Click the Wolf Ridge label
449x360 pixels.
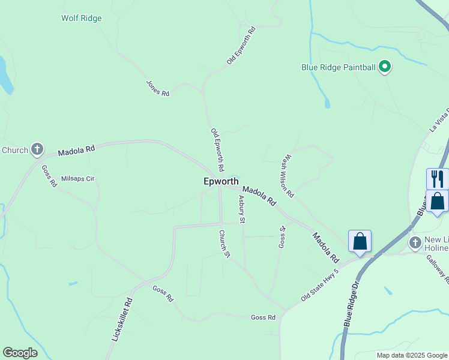pyautogui.click(x=82, y=18)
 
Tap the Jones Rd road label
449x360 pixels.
pyautogui.click(x=158, y=88)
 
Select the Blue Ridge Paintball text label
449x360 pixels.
pyautogui.click(x=338, y=67)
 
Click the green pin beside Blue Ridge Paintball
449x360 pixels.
pyautogui.click(x=385, y=67)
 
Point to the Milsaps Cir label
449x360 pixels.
pyautogui.click(x=78, y=178)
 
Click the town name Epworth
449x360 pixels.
pyautogui.click(x=221, y=181)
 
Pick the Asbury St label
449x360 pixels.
pyautogui.click(x=241, y=209)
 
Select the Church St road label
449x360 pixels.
pyautogui.click(x=224, y=244)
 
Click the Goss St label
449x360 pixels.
pyautogui.click(x=282, y=237)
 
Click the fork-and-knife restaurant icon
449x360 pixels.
pyautogui.click(x=438, y=178)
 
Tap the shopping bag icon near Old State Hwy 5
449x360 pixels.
pyautogui.click(x=360, y=241)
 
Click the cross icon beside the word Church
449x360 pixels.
pyautogui.click(x=37, y=149)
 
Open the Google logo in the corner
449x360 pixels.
pyautogui.click(x=20, y=353)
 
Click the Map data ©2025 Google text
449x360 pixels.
pyautogui.click(x=411, y=355)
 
